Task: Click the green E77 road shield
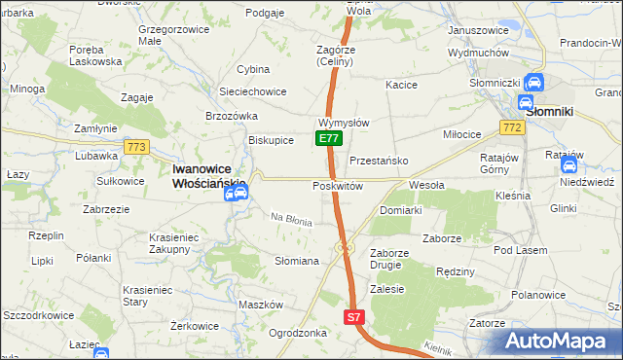click(328, 139)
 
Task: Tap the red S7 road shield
click(354, 317)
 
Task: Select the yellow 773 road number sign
click(136, 147)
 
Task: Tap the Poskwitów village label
click(338, 185)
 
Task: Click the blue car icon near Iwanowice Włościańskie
click(237, 192)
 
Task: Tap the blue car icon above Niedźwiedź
click(569, 165)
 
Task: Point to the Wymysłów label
click(343, 124)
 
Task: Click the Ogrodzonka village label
click(297, 332)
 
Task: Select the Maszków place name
click(260, 305)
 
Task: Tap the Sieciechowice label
click(252, 91)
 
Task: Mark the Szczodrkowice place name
click(40, 318)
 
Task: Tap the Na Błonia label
click(291, 221)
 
